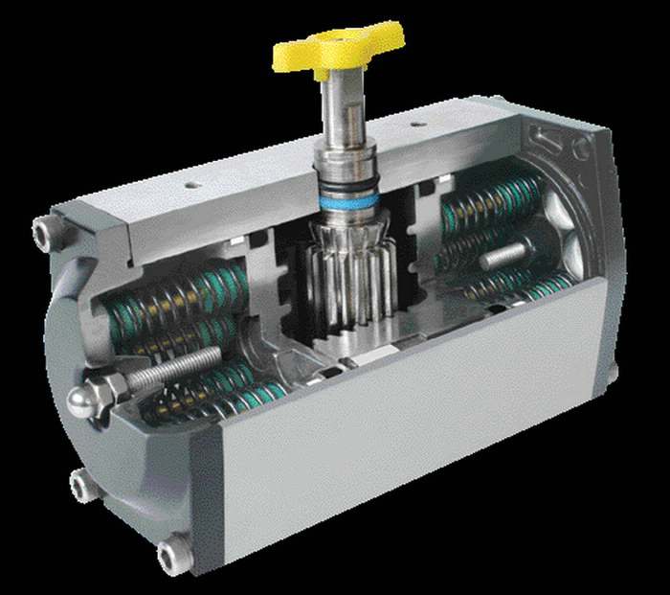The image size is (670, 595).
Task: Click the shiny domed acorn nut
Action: pos(83,400)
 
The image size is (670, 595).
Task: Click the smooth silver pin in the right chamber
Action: pos(503,255)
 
